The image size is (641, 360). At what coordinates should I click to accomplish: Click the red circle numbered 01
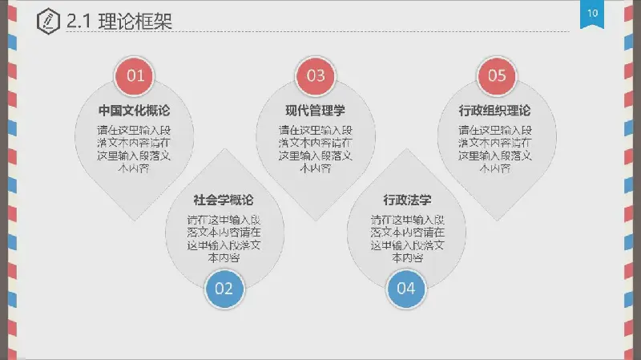point(135,76)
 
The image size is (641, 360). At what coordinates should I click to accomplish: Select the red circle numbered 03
point(316,76)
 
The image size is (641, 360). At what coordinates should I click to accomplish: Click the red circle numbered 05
point(497,76)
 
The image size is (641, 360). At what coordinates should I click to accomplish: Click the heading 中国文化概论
point(134,111)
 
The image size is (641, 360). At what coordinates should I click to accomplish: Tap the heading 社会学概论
point(224,200)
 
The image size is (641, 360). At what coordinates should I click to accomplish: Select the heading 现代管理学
point(315,111)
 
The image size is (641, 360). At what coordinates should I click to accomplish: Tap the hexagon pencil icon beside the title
point(48,22)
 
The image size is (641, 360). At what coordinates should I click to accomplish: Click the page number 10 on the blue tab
point(592,14)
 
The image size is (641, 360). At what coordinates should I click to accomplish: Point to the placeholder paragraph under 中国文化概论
point(134,149)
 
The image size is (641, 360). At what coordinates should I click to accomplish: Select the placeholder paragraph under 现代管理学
point(315,149)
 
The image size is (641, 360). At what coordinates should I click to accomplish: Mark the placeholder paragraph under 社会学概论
point(224,238)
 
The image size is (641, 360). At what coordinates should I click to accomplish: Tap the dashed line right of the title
point(377,31)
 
